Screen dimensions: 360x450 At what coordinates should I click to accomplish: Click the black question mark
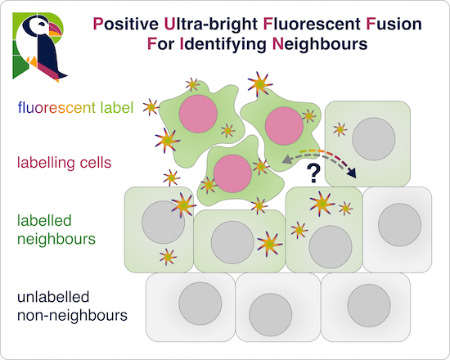point(311,172)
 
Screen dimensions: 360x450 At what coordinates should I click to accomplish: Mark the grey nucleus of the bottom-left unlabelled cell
point(196,300)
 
